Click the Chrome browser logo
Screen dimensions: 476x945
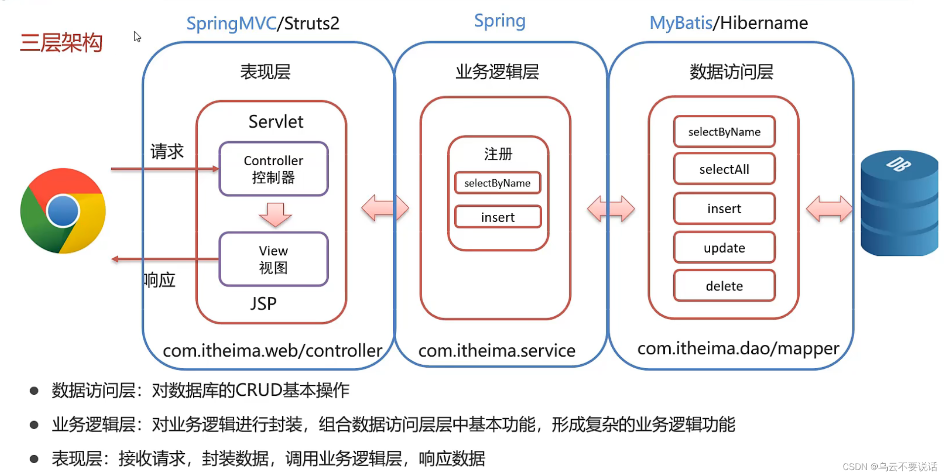point(63,211)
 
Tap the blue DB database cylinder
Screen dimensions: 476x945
point(899,204)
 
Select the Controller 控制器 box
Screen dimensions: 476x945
point(273,169)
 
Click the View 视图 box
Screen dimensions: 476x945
point(273,259)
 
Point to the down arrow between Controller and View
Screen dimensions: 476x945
point(275,214)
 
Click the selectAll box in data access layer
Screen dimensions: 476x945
point(724,169)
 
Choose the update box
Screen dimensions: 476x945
point(724,247)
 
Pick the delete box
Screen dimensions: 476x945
point(724,286)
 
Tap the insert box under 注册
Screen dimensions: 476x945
point(498,217)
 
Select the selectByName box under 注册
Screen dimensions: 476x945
point(498,183)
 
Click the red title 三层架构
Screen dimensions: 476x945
point(61,43)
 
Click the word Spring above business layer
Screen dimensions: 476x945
point(499,21)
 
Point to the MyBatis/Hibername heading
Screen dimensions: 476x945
point(728,23)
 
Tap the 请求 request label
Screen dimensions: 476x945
point(167,151)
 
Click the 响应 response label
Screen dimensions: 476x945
point(160,280)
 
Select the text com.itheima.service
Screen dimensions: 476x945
point(496,351)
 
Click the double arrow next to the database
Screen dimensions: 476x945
point(829,208)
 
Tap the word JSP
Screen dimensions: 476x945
point(263,303)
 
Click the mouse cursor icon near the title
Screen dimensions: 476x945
point(137,37)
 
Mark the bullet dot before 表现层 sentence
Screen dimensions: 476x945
point(34,459)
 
